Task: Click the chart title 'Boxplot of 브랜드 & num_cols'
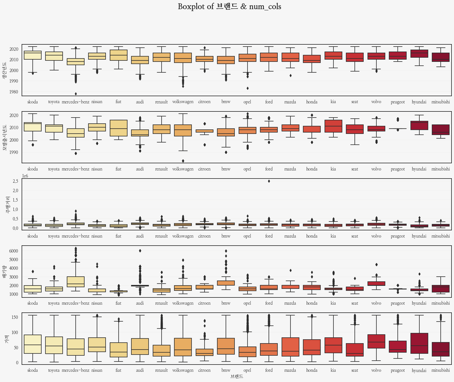point(229,7)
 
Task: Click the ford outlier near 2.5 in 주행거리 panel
point(269,181)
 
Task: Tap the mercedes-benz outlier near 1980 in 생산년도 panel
point(76,94)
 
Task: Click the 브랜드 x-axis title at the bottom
point(237,376)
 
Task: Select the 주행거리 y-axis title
point(8,205)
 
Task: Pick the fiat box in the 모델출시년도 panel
point(118,128)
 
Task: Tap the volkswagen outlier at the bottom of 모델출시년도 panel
point(183,161)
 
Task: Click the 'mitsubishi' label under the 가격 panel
point(441,370)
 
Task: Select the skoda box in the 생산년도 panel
point(33,55)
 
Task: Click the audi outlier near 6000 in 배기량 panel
point(140,251)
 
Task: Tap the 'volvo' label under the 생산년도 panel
point(376,102)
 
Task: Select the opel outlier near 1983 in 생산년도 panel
point(247,88)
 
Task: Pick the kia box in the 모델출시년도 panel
point(333,126)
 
